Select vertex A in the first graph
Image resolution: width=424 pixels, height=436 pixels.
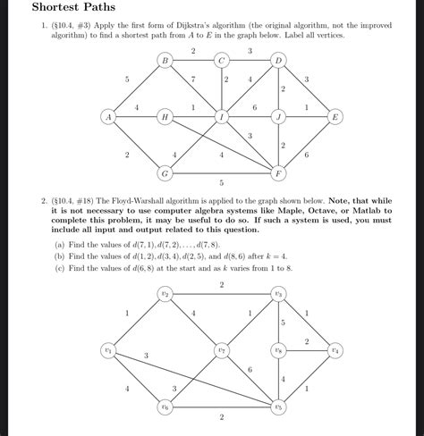coord(107,117)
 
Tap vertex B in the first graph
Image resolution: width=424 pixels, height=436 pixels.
coord(165,61)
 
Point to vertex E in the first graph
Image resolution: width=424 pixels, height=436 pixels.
coord(335,117)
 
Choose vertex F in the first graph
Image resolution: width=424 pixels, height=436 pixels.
coord(278,172)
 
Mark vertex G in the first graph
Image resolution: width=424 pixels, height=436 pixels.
coord(165,172)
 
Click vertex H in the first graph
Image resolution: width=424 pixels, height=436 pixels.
coord(165,117)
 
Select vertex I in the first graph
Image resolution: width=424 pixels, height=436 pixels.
coord(221,117)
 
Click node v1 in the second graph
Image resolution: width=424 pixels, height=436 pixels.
coord(108,350)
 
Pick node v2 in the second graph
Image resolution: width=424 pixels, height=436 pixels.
coord(165,294)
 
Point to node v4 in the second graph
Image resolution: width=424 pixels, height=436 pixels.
coord(335,350)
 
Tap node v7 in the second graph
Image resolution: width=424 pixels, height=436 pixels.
coord(221,350)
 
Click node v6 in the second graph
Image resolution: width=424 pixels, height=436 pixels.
coord(165,407)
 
